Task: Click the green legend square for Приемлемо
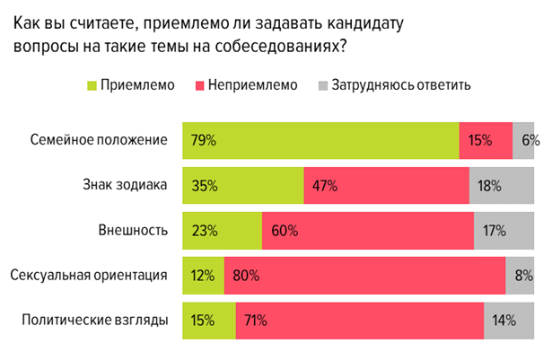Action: tap(91, 86)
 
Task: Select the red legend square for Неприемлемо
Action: tap(199, 86)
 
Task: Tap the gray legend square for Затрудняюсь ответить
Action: tap(322, 86)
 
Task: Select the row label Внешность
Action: tap(136, 230)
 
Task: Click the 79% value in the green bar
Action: tap(204, 140)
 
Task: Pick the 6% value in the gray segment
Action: tap(530, 140)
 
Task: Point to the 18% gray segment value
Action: tap(489, 185)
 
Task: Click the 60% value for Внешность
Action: tap(284, 230)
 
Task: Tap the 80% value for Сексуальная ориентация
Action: tap(245, 275)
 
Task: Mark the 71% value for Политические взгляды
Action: tap(255, 320)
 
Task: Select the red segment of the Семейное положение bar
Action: tap(486, 140)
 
